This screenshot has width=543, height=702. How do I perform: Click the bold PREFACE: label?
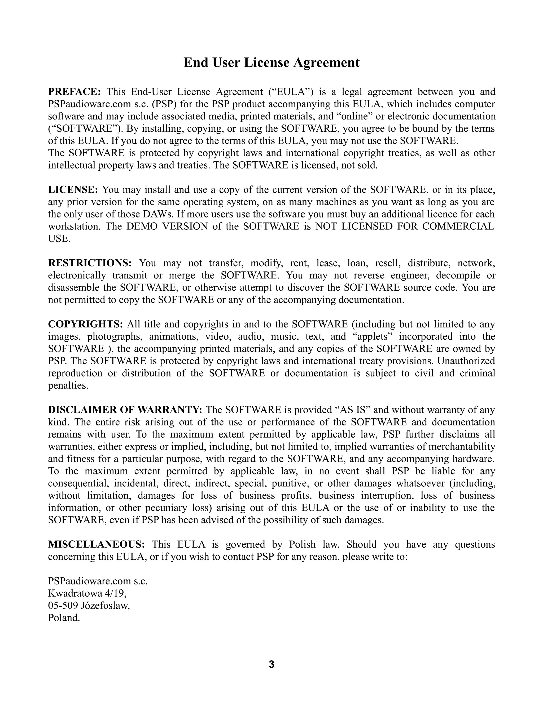click(75, 92)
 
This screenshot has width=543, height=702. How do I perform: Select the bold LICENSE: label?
click(73, 190)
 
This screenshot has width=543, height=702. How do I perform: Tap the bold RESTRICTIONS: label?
click(90, 263)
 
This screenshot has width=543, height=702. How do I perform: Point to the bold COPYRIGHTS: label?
click(86, 324)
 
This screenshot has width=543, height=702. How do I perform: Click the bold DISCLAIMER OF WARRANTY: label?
click(125, 410)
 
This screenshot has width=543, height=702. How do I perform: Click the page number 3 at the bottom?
click(271, 664)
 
